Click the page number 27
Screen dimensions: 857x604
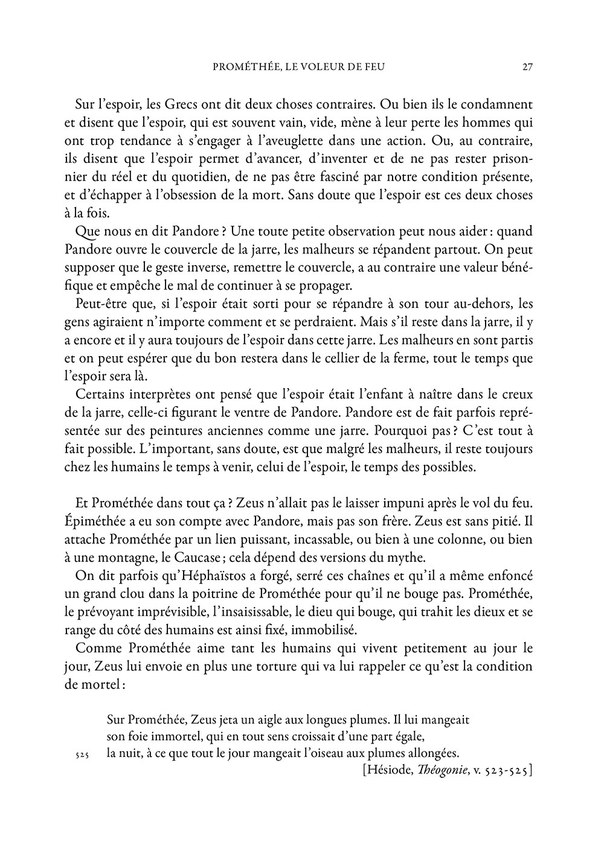tap(527, 67)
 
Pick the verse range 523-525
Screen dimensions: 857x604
tap(503, 771)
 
